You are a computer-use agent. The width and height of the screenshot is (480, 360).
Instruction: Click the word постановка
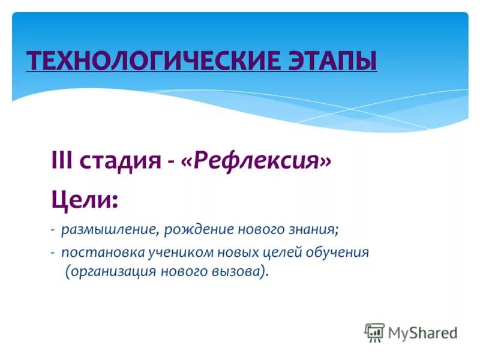(98, 252)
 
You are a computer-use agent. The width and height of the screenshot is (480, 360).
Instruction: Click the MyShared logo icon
(374, 332)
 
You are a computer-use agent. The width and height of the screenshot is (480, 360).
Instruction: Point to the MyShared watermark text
(422, 332)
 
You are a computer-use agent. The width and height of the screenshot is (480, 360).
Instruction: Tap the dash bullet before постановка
(53, 253)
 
